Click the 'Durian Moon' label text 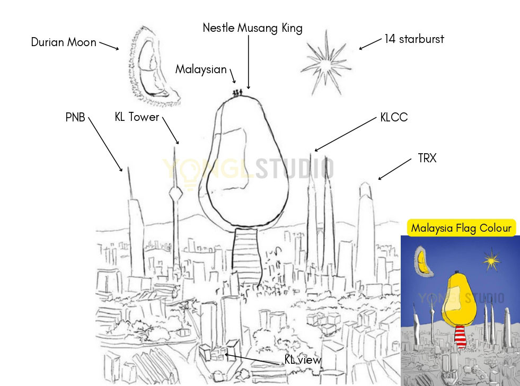64,42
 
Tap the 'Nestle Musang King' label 252,28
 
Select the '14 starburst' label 414,39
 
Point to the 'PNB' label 75,117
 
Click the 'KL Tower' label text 137,117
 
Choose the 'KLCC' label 394,117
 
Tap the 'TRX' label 427,158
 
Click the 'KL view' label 303,360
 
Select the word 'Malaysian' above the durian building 201,69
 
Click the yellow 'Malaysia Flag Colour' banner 461,228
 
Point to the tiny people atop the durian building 238,92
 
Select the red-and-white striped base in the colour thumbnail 461,336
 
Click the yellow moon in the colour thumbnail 422,260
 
